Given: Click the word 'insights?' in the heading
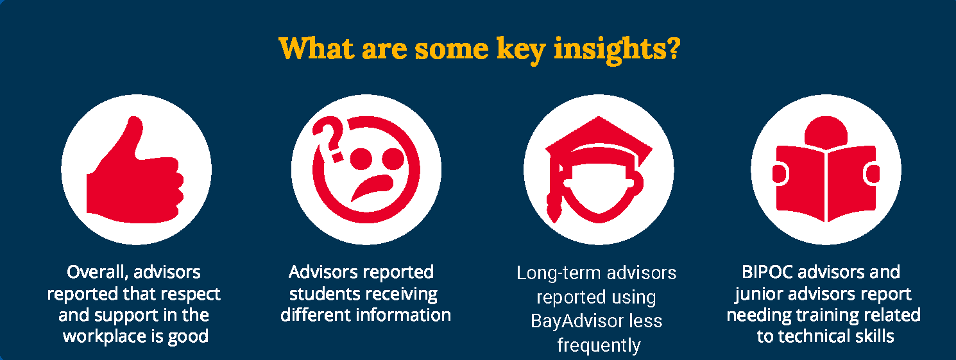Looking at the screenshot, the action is (617, 49).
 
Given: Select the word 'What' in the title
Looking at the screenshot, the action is (316, 48).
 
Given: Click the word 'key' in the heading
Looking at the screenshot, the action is (521, 49).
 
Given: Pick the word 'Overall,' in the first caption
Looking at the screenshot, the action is (98, 273).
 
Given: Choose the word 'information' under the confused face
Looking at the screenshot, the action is (404, 315).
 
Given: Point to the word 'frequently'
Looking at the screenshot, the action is (599, 345).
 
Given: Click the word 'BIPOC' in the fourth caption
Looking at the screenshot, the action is (767, 272).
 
